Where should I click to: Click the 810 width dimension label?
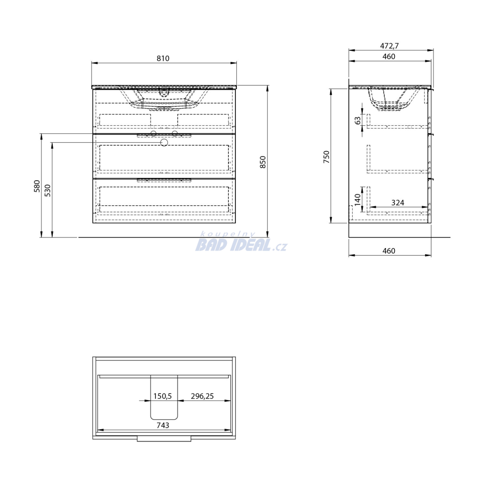pos(163,58)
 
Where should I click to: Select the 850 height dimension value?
pos(263,162)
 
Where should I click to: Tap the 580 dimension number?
pos(37,186)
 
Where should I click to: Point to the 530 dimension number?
pos(48,191)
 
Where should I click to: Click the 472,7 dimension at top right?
pos(389,46)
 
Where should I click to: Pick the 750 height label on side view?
pos(327,157)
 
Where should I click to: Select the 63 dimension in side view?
pos(358,120)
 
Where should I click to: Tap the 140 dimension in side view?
pos(357,200)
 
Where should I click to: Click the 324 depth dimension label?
pos(397,202)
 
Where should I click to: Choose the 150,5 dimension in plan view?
pos(162,396)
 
